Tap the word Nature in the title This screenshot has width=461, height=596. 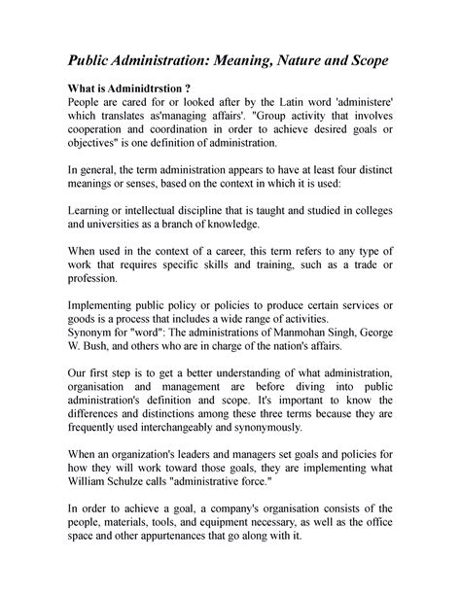click(x=320, y=61)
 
